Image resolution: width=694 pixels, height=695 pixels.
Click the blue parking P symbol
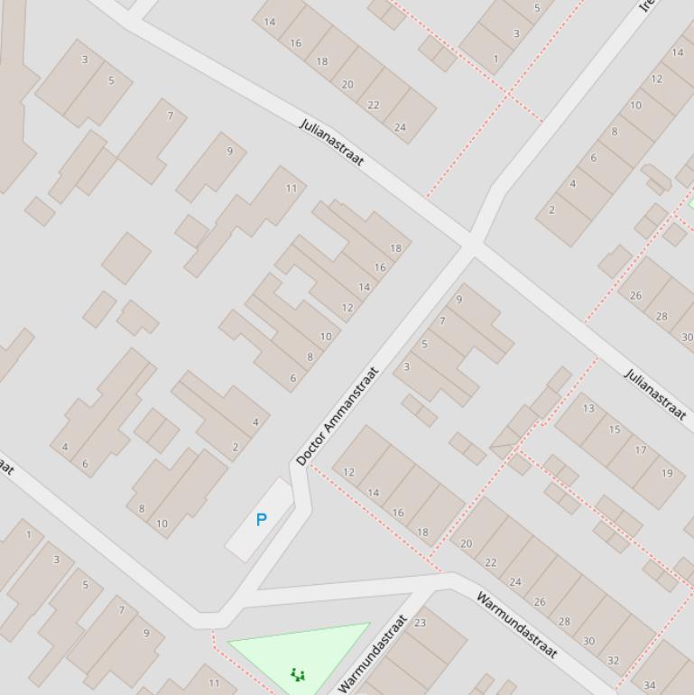pos(262,520)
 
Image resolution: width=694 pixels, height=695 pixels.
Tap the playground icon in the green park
pos(298,673)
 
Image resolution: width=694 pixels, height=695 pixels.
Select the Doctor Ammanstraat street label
pos(338,415)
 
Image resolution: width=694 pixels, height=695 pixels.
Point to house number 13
pos(588,408)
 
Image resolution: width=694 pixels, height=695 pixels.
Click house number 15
pos(615,429)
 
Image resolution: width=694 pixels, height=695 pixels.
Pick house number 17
pos(641,449)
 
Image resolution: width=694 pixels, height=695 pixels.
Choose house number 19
pos(667,472)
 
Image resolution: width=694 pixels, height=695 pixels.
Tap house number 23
pos(420,622)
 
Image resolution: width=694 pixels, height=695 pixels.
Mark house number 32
pos(614,660)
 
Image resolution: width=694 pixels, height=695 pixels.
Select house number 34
pos(650,685)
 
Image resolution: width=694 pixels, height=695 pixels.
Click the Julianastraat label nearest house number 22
pos(331,142)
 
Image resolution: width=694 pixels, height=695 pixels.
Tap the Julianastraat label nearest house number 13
pos(655,394)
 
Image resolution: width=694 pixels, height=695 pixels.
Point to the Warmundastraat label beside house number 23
pos(373,653)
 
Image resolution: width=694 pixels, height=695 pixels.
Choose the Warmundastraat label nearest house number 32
pos(517,625)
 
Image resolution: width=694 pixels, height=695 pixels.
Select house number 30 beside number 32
pos(588,641)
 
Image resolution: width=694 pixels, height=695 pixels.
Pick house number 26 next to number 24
pos(540,601)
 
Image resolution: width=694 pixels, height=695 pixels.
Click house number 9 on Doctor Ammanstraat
pos(459,300)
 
